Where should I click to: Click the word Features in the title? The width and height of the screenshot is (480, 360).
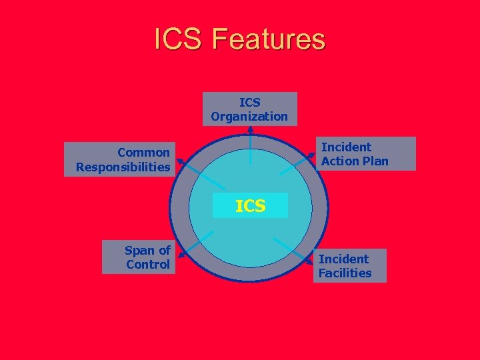[x=269, y=39]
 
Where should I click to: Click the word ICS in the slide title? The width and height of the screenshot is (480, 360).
[x=179, y=39]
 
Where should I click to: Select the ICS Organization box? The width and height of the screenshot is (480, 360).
[x=250, y=109]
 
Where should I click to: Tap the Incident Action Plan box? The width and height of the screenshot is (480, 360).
[x=364, y=154]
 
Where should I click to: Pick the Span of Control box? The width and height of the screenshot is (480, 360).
[x=137, y=257]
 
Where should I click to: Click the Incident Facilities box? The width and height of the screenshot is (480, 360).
[x=349, y=265]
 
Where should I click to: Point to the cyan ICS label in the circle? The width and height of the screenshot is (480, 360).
[x=250, y=206]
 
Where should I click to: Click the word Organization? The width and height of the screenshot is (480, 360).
[x=250, y=117]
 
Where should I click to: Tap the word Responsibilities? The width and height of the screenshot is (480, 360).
[x=123, y=167]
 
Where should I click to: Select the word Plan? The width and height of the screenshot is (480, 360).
[x=374, y=161]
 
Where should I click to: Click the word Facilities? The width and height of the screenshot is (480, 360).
[x=345, y=273]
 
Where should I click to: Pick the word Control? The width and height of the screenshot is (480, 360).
[x=148, y=265]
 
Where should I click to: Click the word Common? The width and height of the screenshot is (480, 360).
[x=143, y=152]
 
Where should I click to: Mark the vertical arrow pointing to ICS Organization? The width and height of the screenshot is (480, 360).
[x=250, y=143]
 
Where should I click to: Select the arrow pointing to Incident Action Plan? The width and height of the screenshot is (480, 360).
[x=297, y=163]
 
